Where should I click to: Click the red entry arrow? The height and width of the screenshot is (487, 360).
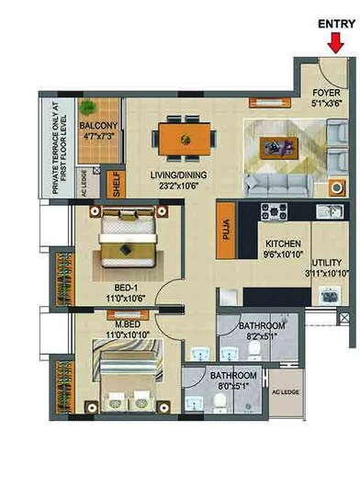coord(337,41)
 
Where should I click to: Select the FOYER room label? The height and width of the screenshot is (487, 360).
coord(326,92)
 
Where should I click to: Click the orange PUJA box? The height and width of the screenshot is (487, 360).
coord(224,225)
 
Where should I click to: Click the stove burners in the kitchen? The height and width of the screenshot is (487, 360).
coord(276,212)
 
